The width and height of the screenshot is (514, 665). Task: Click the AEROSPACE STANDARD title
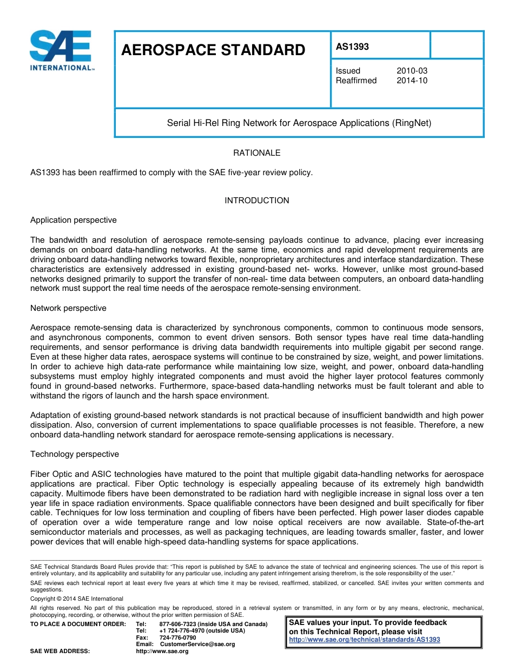(213, 50)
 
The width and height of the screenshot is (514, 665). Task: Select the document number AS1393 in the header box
(352, 46)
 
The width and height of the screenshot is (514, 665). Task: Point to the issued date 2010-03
(412, 71)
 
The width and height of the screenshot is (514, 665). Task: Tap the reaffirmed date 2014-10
(412, 81)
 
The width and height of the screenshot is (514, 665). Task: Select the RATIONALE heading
(256, 153)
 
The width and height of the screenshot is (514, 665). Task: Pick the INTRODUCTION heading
(256, 201)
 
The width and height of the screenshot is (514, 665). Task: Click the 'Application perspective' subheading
(73, 220)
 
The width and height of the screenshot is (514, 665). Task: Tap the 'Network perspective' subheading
(68, 308)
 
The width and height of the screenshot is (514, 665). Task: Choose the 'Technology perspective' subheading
(75, 454)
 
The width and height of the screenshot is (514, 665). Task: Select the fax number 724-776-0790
(177, 637)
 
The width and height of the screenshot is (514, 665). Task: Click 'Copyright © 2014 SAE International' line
(76, 598)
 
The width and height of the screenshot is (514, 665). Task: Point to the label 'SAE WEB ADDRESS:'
(60, 651)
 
